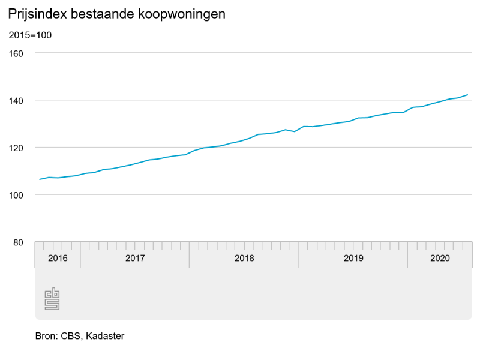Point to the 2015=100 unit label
[x=30, y=35]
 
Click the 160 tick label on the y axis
[x=16, y=53]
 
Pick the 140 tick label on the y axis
[x=16, y=100]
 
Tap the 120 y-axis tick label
[x=16, y=148]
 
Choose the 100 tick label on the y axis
[x=16, y=195]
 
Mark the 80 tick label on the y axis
[x=18, y=242]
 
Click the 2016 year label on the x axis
[x=58, y=258]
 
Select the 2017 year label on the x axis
[x=135, y=258]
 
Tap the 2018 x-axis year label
[x=244, y=258]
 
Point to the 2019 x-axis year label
[x=353, y=258]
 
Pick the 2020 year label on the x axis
[x=440, y=258]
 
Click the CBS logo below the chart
[x=52, y=298]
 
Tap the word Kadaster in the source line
[x=105, y=336]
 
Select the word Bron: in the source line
[x=47, y=336]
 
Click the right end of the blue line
[x=467, y=95]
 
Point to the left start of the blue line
[x=40, y=179]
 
